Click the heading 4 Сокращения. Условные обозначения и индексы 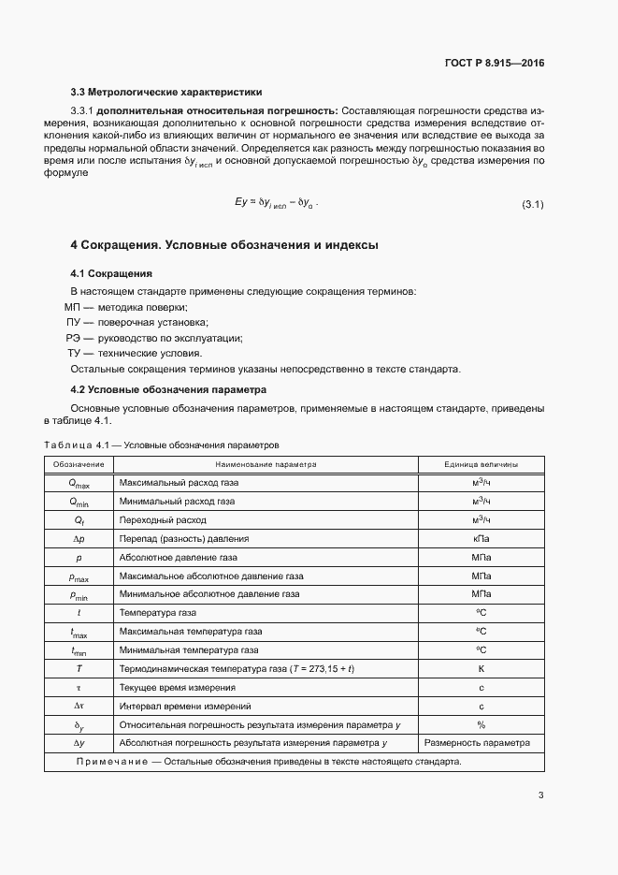[x=224, y=245]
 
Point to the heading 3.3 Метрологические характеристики [x=166, y=92]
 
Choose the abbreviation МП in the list [x=73, y=308]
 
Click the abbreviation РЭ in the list [x=73, y=338]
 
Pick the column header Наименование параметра [x=266, y=464]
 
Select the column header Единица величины [x=481, y=464]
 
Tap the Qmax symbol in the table [x=79, y=483]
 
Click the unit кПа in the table [x=481, y=538]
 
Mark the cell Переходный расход [x=163, y=519]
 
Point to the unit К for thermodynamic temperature [x=481, y=668]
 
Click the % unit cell [x=481, y=724]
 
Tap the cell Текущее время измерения [x=177, y=687]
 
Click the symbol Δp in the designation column [x=79, y=538]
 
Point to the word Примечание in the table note [x=111, y=762]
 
